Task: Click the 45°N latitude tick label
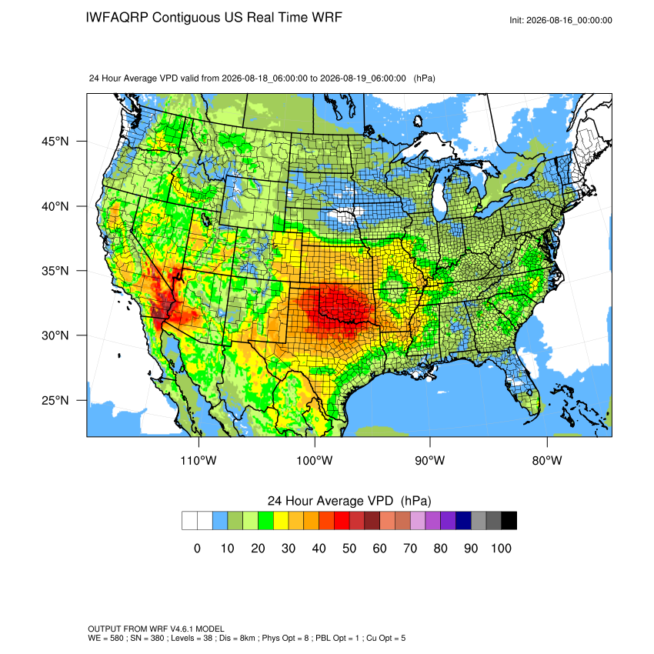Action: pyautogui.click(x=55, y=142)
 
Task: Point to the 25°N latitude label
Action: pyautogui.click(x=55, y=400)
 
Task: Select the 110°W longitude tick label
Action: pyautogui.click(x=199, y=460)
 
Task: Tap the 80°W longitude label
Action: pyautogui.click(x=547, y=460)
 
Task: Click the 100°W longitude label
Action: pyautogui.click(x=315, y=460)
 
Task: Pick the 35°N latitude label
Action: pyautogui.click(x=55, y=271)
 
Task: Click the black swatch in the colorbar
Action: pyautogui.click(x=509, y=521)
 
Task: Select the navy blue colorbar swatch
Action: pyautogui.click(x=463, y=521)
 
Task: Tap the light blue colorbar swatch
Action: pyautogui.click(x=220, y=521)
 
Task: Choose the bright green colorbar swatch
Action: pyautogui.click(x=265, y=521)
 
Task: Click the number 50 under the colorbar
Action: pyautogui.click(x=349, y=548)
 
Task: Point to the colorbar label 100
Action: pyautogui.click(x=502, y=548)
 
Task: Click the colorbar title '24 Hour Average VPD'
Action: pyautogui.click(x=330, y=501)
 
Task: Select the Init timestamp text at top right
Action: pyautogui.click(x=561, y=20)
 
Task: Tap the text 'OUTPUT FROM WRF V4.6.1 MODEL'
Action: pyautogui.click(x=156, y=629)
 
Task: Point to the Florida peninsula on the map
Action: pyautogui.click(x=522, y=384)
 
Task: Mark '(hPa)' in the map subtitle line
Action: pyautogui.click(x=424, y=78)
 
